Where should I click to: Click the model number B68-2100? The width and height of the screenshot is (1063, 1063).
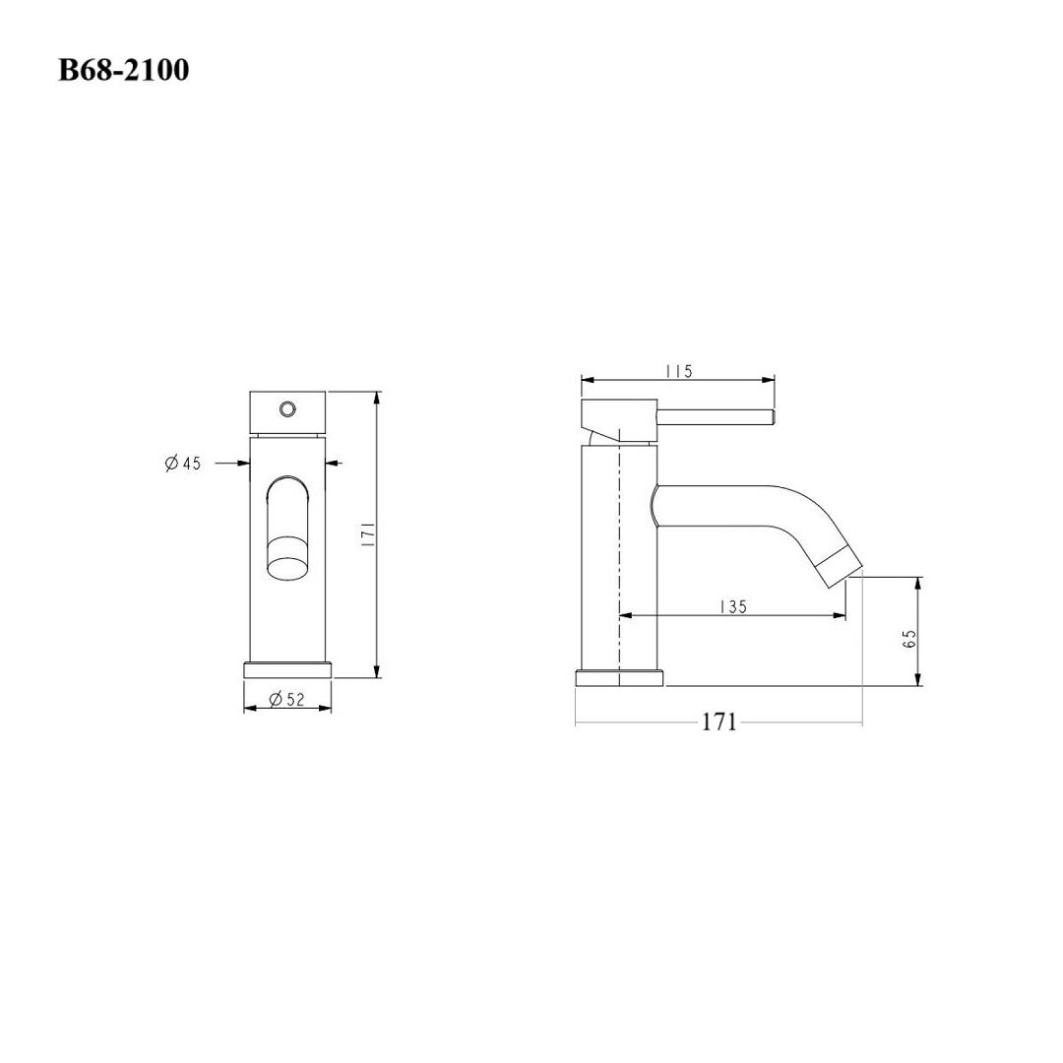pyautogui.click(x=123, y=70)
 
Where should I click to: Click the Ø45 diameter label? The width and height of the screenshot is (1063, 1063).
pyautogui.click(x=183, y=464)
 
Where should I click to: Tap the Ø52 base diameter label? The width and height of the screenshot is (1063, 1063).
pyautogui.click(x=286, y=699)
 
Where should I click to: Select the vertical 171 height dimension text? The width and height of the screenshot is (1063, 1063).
pyautogui.click(x=367, y=534)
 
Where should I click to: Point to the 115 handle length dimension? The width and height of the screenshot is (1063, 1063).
pyautogui.click(x=678, y=371)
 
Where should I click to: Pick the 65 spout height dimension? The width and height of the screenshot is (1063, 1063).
pyautogui.click(x=909, y=638)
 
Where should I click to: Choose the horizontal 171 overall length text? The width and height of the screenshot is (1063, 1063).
pyautogui.click(x=718, y=722)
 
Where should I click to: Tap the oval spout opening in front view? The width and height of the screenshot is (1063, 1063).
pyautogui.click(x=288, y=558)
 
